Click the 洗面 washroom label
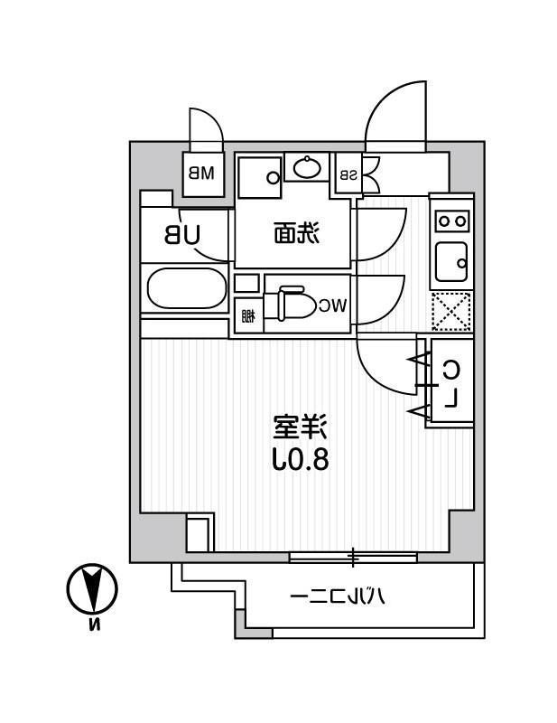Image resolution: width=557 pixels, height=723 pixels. coord(296,235)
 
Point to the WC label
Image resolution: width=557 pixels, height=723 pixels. coord(331,305)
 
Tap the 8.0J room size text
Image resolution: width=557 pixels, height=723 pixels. coord(300,459)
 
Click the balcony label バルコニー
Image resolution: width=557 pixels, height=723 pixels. coord(339,596)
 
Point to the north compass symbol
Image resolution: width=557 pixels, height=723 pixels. coord(92,588)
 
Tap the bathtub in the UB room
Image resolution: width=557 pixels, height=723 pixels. coord(185,290)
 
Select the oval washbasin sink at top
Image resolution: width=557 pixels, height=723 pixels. coord(307,167)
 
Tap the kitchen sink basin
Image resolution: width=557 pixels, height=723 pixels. coord(450,263)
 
